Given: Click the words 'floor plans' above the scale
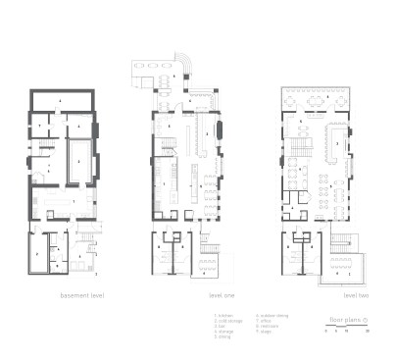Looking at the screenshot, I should coord(344,321).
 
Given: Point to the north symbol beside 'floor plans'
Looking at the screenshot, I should coord(365,321).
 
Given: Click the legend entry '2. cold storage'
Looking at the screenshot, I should coord(226,322).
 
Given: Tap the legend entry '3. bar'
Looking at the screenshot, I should coord(220,327).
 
